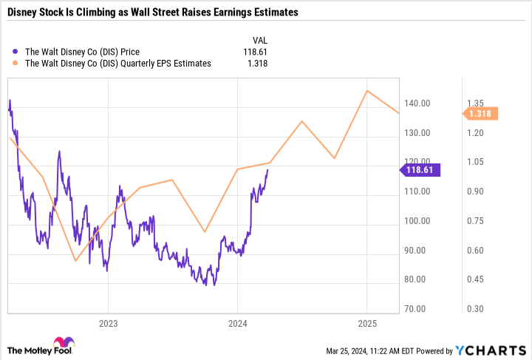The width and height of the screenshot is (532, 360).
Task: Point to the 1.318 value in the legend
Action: point(256,64)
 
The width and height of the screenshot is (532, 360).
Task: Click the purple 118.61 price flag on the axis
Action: point(422,170)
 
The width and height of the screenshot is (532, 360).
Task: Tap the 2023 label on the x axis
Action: point(108,323)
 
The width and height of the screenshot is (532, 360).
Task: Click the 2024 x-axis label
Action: point(237,323)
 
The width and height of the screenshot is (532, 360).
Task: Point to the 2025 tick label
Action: point(367,323)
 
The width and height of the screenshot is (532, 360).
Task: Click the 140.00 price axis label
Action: point(418,103)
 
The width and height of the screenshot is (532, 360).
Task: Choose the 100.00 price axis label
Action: point(418,221)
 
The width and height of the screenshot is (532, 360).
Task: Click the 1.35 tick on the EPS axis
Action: point(474,103)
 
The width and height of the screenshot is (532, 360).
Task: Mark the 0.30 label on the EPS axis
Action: point(474,309)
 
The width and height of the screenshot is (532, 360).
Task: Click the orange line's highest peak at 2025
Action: point(367,90)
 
